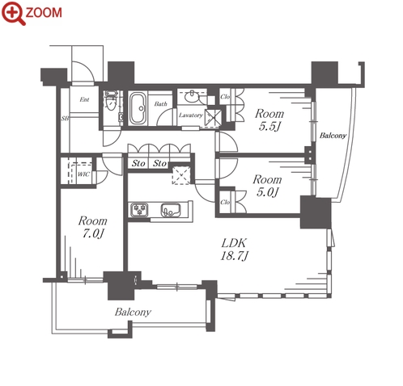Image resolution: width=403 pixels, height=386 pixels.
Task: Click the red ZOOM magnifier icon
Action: coord(13,13)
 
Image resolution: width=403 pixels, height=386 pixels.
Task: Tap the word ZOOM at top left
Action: coord(44,13)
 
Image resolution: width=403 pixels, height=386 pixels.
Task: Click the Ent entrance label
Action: coord(84,99)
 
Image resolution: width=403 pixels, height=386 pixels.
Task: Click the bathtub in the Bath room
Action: coord(138,108)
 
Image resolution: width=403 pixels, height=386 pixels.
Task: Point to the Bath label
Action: coord(161,104)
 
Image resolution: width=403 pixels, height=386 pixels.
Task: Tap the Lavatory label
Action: coord(191,115)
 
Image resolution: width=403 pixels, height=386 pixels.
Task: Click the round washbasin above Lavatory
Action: coord(192,96)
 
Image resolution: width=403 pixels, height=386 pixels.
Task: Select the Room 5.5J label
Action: coord(269,120)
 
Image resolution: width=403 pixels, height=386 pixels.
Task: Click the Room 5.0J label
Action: coord(267,186)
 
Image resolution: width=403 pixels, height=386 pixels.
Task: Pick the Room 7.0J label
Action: coord(93,227)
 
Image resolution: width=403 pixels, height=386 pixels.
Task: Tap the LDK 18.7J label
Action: coord(234,250)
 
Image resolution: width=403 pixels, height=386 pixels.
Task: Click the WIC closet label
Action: coord(83,174)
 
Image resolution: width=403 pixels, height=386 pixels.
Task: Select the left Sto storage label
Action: coord(138,163)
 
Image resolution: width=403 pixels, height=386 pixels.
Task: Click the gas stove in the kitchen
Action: coord(139,210)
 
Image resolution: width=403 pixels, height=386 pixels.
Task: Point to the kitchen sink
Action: coord(171,210)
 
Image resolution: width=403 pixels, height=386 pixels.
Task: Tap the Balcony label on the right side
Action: coord(333,136)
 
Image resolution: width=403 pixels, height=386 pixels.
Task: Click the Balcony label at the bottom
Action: coord(133,313)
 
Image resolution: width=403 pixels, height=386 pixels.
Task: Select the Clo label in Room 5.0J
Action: coord(225,202)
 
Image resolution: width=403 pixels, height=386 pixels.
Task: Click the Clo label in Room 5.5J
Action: coord(225,96)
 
